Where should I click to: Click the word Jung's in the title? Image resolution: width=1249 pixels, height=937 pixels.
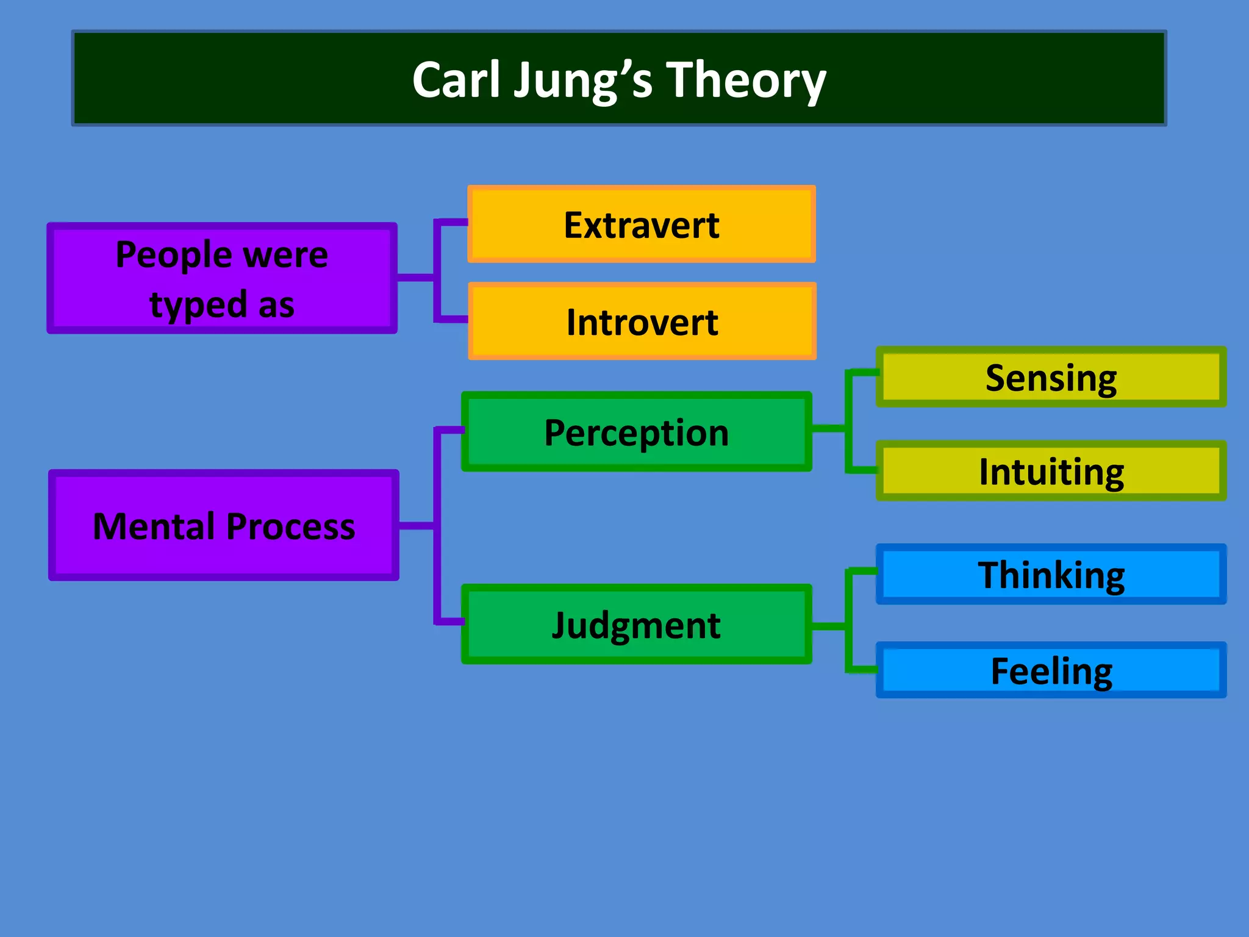point(582,81)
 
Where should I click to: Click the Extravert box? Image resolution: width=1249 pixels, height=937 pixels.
point(641,224)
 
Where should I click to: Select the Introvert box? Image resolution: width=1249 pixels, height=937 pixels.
point(642,321)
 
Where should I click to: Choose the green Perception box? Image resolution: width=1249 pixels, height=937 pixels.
point(636,432)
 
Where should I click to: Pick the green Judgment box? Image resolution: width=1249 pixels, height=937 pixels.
point(636,625)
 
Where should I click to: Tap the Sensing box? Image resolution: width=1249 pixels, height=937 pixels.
point(1051,378)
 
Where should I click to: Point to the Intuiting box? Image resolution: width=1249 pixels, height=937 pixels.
point(1051,472)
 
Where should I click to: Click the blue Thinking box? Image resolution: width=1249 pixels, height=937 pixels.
point(1051,575)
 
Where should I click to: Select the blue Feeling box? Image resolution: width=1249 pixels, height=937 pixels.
point(1051,670)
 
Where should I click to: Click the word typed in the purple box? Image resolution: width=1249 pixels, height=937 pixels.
point(198,304)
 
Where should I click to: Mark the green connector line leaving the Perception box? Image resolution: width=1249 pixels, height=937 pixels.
point(829,428)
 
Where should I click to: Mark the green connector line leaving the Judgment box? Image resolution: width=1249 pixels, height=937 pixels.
point(829,626)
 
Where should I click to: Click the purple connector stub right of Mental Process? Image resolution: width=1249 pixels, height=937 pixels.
point(416,525)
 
